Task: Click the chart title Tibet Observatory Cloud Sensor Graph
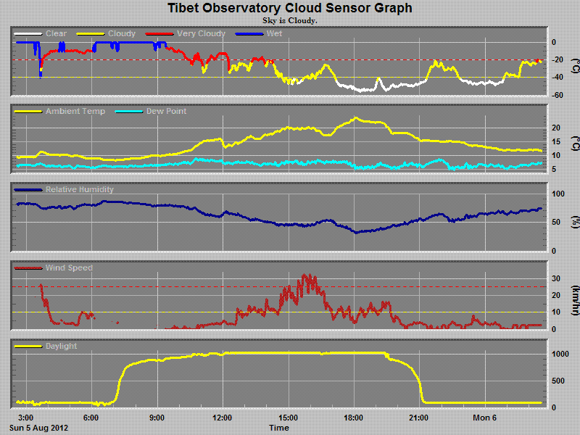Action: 290,8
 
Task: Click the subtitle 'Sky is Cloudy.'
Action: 290,20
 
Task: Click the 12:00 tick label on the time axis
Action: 222,418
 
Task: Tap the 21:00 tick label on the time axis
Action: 419,418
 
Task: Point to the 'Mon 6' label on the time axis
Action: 484,418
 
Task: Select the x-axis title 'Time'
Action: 279,428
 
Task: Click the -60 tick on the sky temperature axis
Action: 554,95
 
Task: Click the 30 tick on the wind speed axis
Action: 555,278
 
